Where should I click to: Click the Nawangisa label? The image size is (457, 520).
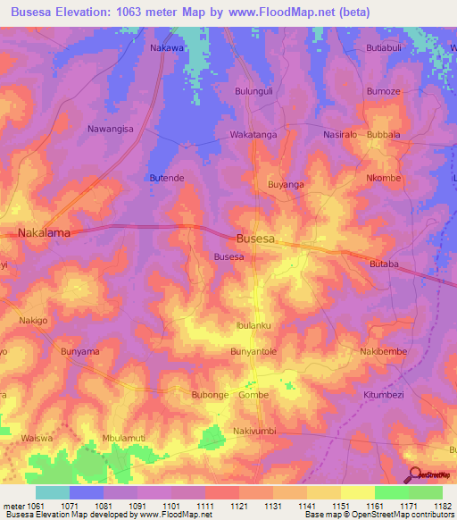[x=110, y=129]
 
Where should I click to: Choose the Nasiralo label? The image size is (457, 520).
[x=340, y=134]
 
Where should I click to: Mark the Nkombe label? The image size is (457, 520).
[x=384, y=178]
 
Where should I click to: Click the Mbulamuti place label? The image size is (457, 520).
[x=123, y=439]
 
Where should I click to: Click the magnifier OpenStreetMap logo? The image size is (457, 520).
[x=416, y=475]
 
